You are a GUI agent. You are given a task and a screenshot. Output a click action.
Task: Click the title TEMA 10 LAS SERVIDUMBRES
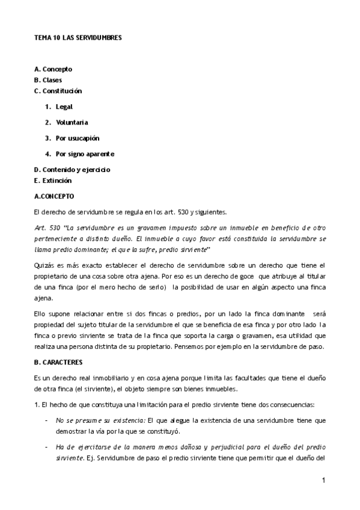[x=78, y=37]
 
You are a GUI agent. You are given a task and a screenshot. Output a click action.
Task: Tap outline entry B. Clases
[x=48, y=80]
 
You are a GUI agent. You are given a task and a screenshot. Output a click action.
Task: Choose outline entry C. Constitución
[x=58, y=91]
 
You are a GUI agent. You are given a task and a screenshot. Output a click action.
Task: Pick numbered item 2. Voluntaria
[x=66, y=122]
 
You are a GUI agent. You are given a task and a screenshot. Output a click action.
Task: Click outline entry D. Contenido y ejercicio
[x=72, y=170]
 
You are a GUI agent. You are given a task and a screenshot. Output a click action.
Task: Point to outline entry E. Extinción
[x=53, y=180]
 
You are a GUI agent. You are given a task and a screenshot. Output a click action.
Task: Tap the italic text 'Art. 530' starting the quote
[x=45, y=227]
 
